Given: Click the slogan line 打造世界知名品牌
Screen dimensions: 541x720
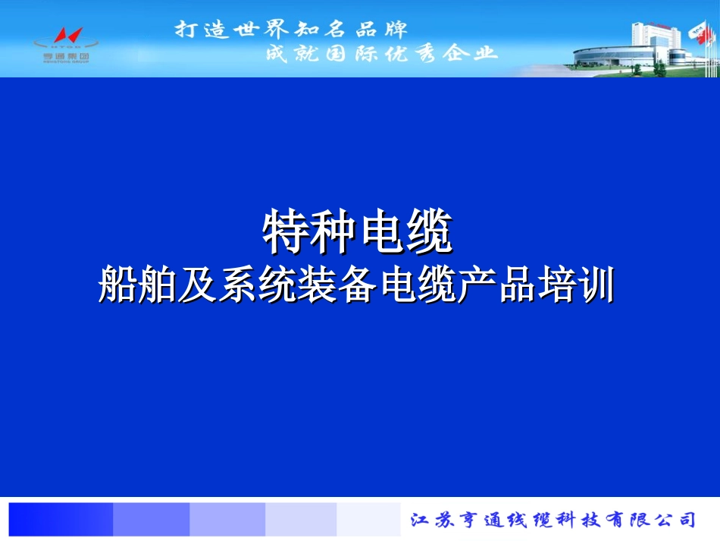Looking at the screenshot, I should [291, 30].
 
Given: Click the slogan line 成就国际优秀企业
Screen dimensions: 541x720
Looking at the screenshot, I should [380, 53].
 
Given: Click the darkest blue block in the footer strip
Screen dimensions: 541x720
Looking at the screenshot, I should [61, 519].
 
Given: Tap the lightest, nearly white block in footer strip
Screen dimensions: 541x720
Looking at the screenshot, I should [368, 519].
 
